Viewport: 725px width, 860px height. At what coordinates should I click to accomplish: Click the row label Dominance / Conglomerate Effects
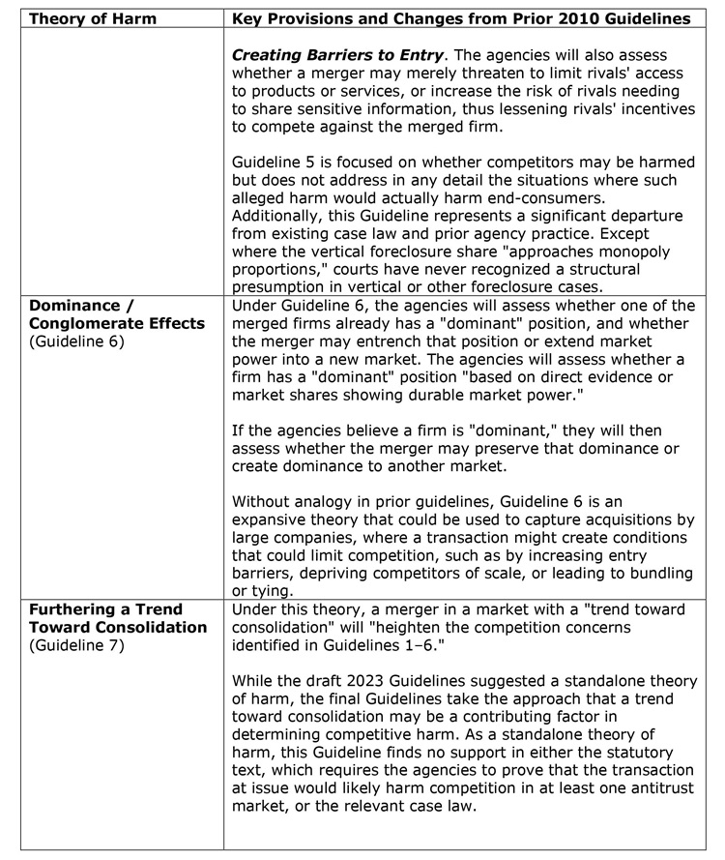click(x=116, y=314)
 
